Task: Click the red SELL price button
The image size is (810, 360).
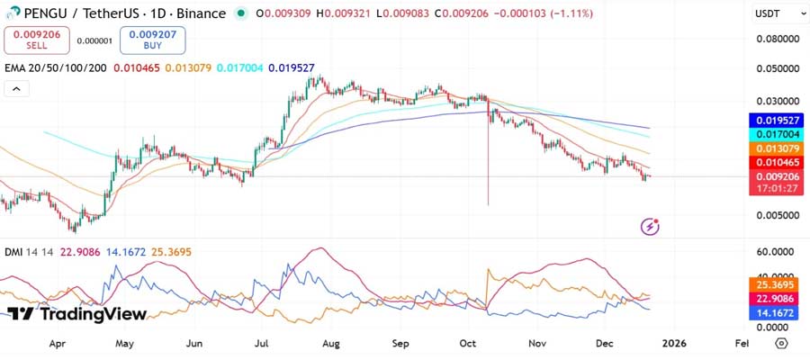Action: point(37,40)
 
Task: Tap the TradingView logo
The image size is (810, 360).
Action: point(76,314)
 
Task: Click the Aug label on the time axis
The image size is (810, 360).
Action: point(331,343)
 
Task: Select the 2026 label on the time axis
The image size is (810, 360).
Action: point(674,343)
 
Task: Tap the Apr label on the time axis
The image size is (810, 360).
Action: point(57,343)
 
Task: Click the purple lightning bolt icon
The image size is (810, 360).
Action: point(650,226)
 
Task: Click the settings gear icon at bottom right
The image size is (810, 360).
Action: point(780,343)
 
